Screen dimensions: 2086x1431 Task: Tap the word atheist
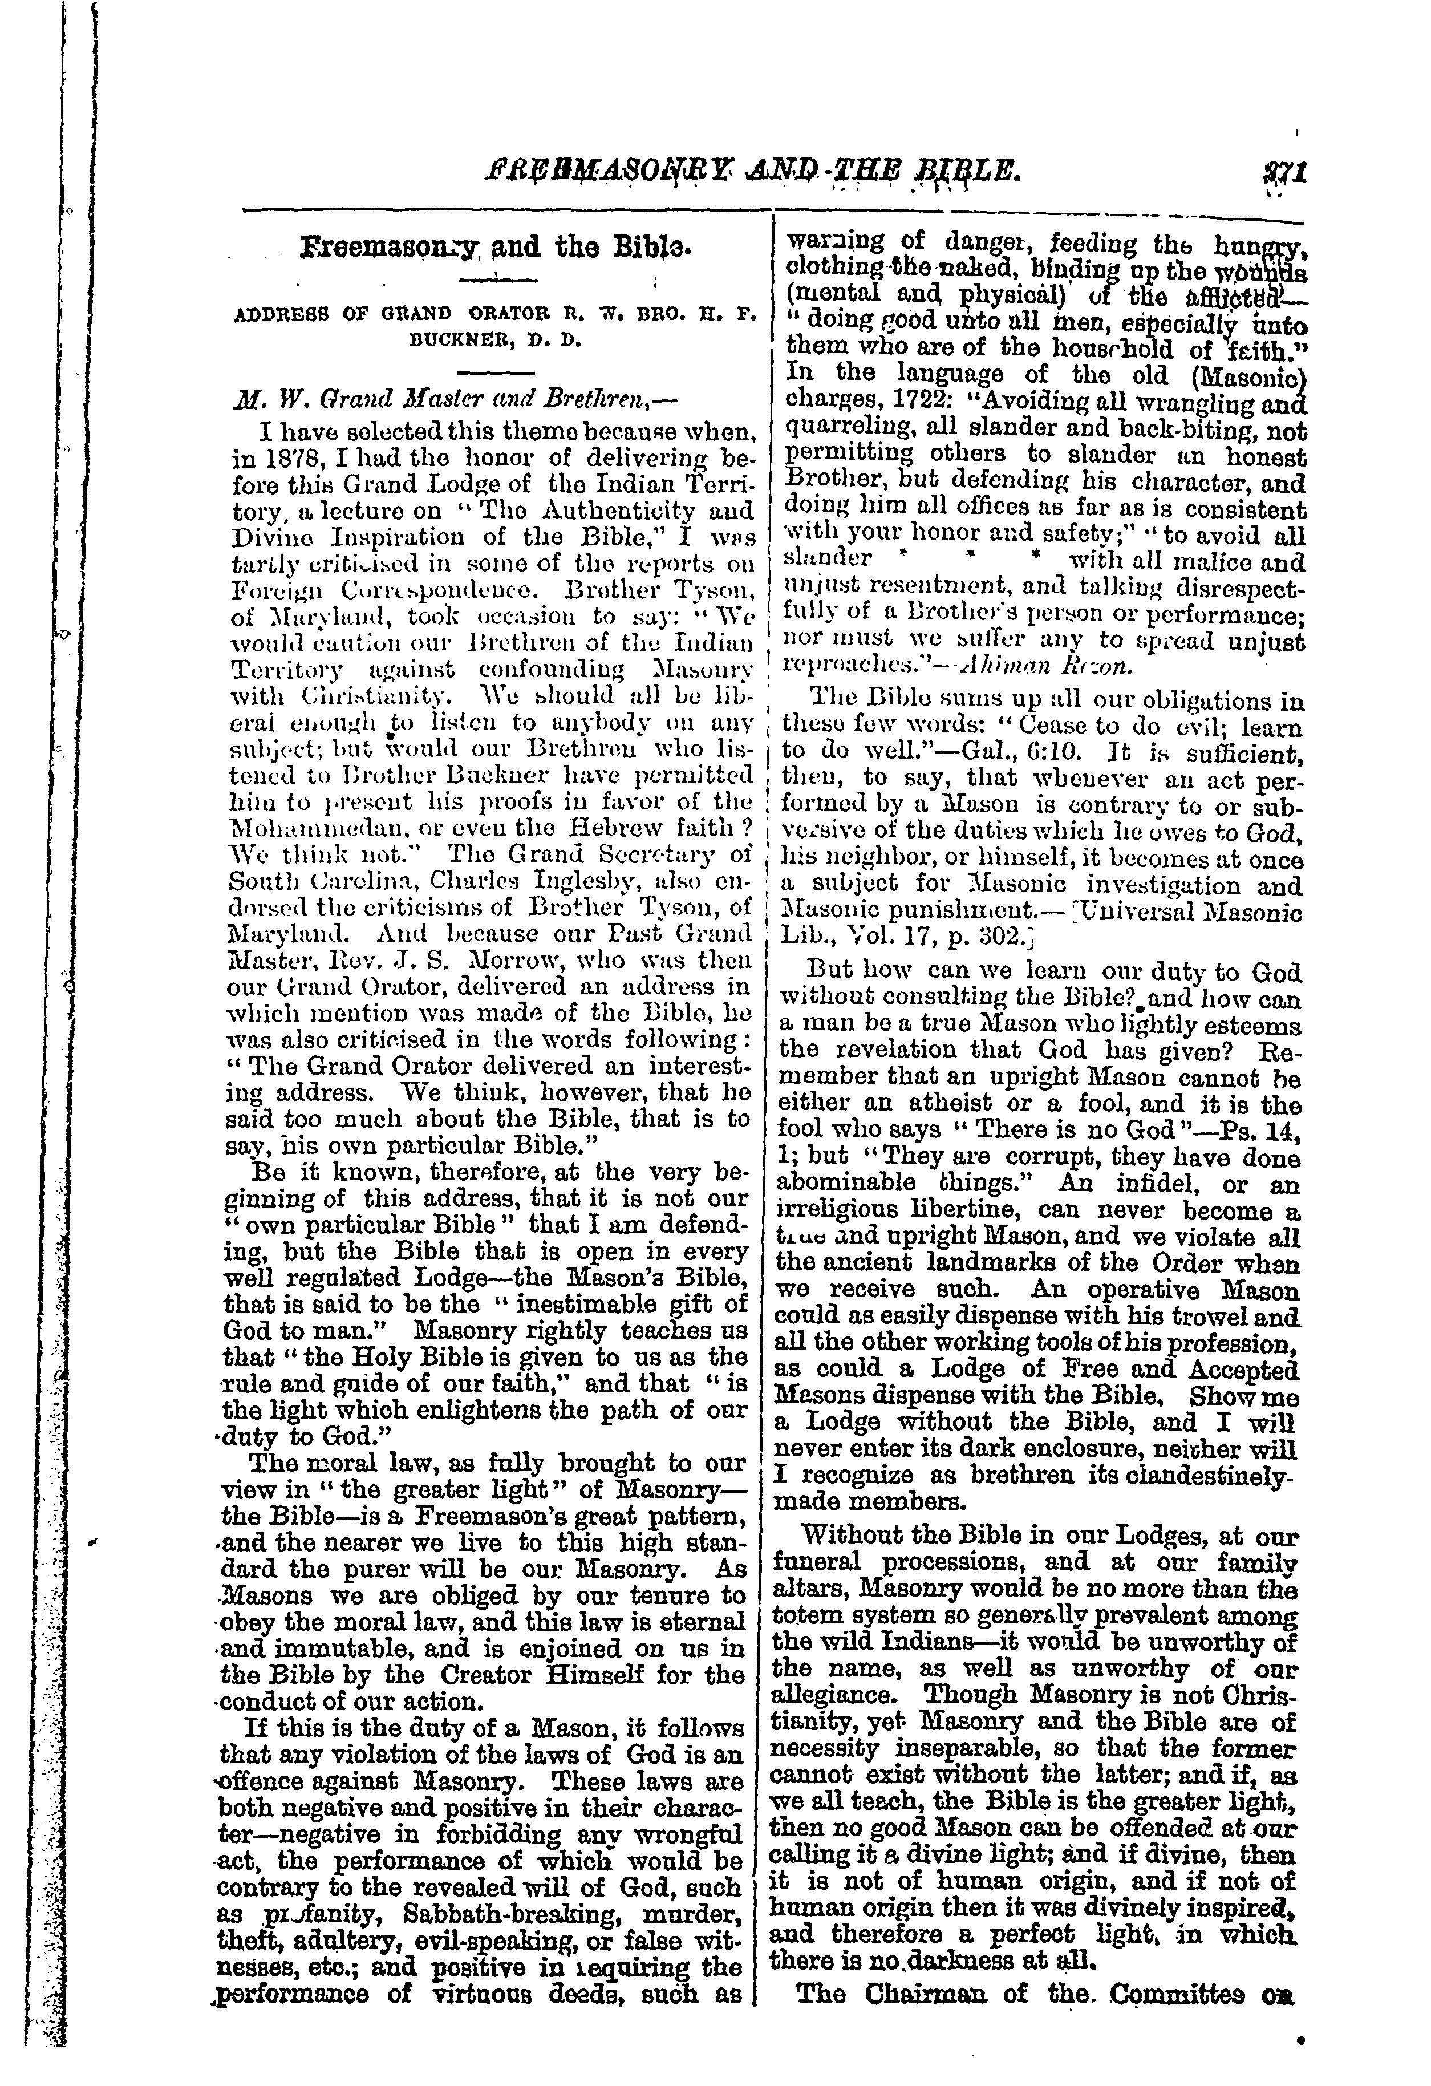(901, 1104)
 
